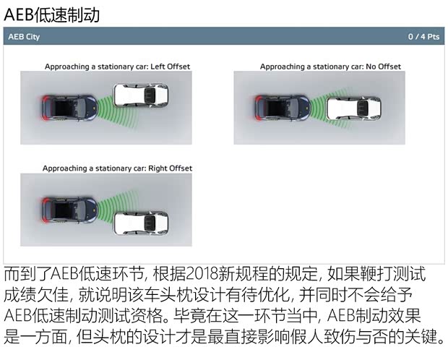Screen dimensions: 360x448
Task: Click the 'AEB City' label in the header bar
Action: (x=24, y=36)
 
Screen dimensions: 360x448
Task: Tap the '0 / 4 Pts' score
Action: (x=423, y=36)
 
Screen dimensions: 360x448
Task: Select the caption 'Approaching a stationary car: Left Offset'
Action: (x=117, y=67)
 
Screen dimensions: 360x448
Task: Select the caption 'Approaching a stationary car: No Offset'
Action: (x=330, y=67)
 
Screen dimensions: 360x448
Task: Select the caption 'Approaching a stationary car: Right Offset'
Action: (x=117, y=168)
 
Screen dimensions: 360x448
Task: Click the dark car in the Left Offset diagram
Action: (x=67, y=108)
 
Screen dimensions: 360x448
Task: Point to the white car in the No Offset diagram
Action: (x=354, y=108)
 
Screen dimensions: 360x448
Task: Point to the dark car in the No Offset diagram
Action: (x=280, y=108)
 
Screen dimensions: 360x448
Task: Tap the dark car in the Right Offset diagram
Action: (x=67, y=209)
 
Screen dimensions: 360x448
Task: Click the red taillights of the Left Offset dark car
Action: (x=46, y=108)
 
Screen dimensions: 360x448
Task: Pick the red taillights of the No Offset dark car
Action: (x=259, y=108)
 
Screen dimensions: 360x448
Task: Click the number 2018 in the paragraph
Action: (x=206, y=275)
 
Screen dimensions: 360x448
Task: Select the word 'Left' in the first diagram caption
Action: (x=159, y=67)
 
